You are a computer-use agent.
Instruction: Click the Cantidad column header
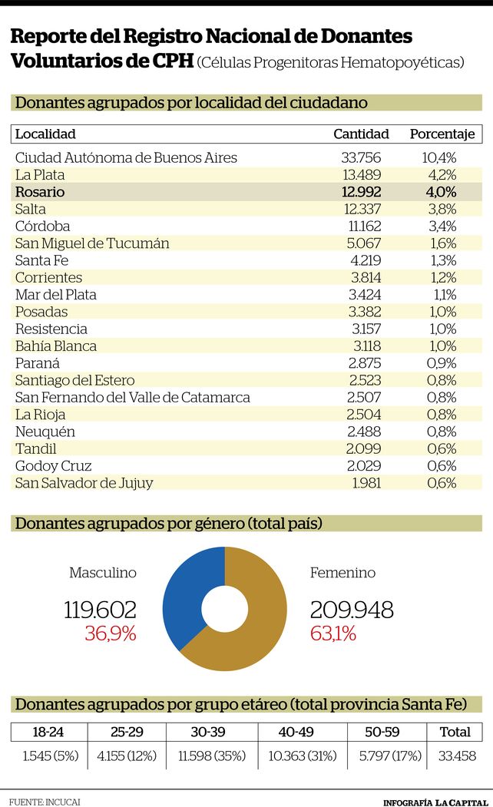point(361,134)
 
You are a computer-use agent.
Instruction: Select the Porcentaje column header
point(442,134)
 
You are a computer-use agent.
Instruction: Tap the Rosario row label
point(40,192)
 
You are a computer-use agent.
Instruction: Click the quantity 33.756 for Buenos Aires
point(361,157)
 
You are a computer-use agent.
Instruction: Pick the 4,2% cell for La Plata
point(442,175)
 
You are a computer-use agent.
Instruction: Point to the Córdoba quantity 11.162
point(364,226)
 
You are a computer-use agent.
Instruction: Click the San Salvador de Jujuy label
point(84,483)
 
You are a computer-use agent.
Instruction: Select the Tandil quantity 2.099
point(363,448)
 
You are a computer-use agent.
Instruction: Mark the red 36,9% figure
point(110,633)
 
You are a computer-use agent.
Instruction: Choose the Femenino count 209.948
point(352,610)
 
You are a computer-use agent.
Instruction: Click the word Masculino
point(103,573)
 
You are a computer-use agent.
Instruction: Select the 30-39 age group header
point(208,732)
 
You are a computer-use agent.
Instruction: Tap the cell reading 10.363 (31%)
point(303,756)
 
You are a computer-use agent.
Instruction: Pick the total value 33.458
point(457,756)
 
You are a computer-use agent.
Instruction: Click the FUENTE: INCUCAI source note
point(45,802)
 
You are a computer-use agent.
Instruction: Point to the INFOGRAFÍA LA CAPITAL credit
point(435,802)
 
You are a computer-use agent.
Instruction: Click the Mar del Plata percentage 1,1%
point(445,295)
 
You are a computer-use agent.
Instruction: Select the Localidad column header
point(45,134)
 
